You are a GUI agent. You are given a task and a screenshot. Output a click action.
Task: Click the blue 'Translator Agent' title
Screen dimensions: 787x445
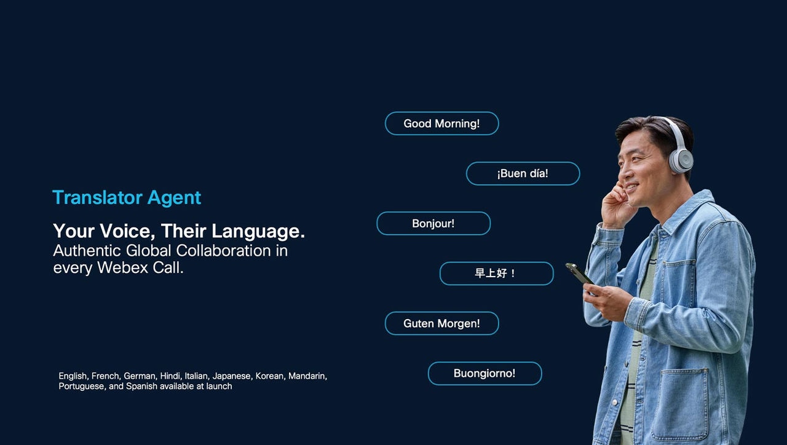point(127,198)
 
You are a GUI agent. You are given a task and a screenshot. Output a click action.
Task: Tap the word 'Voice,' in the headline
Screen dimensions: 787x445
point(127,231)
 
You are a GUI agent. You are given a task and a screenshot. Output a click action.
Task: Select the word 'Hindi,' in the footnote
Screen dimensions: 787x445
point(171,376)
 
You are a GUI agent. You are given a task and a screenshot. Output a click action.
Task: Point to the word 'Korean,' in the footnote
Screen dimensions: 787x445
point(271,376)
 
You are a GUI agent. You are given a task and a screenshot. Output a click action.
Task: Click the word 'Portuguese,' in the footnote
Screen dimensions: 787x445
point(82,387)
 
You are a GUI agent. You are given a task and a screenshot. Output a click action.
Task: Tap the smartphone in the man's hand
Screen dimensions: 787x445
point(579,274)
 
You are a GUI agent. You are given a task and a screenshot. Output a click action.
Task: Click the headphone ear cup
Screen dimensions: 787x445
point(682,160)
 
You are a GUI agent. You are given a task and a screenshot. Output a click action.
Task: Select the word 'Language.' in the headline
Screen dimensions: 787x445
point(258,231)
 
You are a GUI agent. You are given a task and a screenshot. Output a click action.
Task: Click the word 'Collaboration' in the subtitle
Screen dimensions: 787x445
point(223,251)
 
